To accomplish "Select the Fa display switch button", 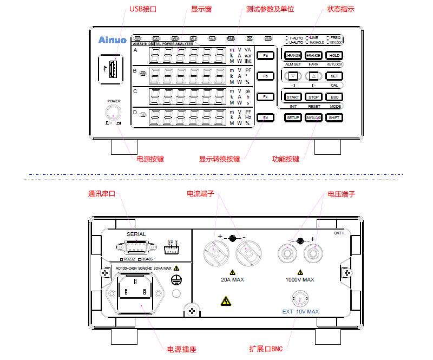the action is pos(265,56).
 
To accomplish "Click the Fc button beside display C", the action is pos(265,97).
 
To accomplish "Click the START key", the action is pos(293,97).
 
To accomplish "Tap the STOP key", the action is pos(314,97).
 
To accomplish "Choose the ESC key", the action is pos(334,97).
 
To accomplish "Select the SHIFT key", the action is pos(334,117).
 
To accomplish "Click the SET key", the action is pos(334,76).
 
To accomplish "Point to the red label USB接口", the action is pos(143,9).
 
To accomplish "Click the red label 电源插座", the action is pos(181,349).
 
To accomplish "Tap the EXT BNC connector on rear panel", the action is pos(300,299).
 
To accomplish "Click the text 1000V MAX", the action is pos(300,280).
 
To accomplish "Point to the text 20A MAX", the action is pos(232,280).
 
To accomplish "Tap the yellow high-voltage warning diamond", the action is pos(224,300).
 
